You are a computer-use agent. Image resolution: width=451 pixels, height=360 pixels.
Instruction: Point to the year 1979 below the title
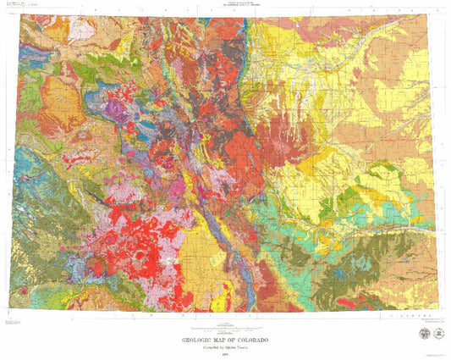pyautogui.click(x=224, y=355)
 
